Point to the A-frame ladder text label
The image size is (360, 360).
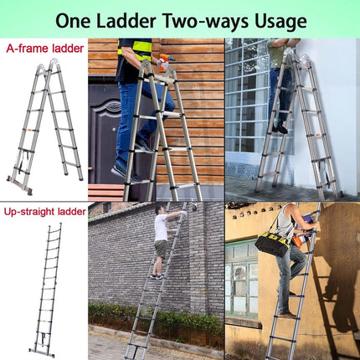pyautogui.click(x=44, y=49)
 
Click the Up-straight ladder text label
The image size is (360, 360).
pyautogui.click(x=44, y=212)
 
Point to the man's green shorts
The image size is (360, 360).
pyautogui.click(x=160, y=249)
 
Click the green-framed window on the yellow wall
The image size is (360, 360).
pyautogui.click(x=241, y=276)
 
